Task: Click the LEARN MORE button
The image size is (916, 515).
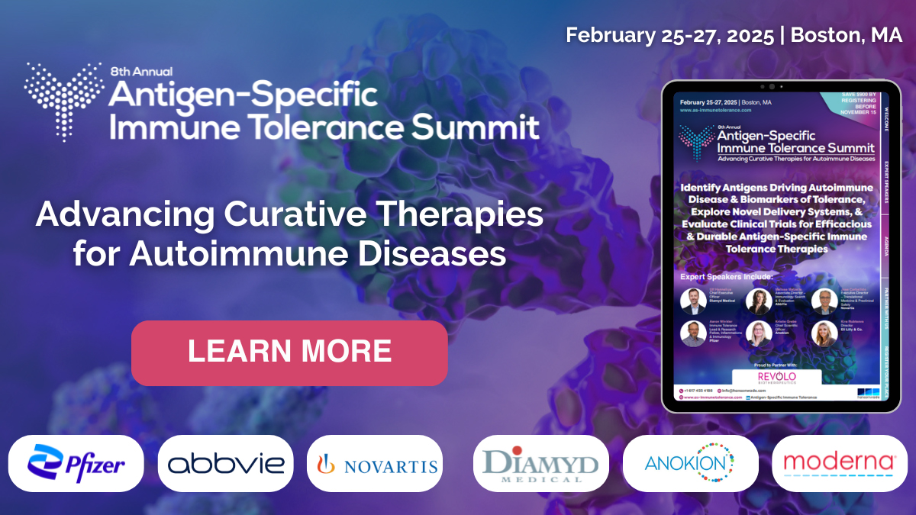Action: (x=289, y=352)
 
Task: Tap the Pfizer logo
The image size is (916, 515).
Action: (x=76, y=463)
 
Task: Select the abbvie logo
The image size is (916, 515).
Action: (x=225, y=463)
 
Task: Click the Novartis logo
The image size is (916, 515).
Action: (x=375, y=463)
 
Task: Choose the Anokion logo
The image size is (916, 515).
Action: (x=690, y=463)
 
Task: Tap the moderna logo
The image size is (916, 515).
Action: (x=839, y=463)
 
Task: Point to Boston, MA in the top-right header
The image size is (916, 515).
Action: (x=847, y=35)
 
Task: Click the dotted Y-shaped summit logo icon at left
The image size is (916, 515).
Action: (x=63, y=100)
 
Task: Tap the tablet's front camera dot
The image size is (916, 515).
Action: (x=771, y=86)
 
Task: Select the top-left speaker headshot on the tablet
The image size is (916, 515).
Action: (x=693, y=301)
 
